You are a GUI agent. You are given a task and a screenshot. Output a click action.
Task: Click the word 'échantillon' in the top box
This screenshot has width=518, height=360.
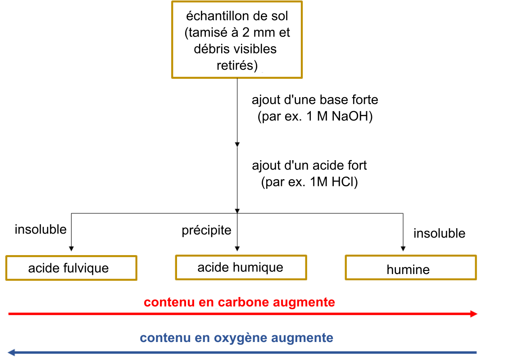(x=220, y=16)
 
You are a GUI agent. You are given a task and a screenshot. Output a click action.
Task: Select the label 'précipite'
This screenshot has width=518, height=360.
(x=206, y=230)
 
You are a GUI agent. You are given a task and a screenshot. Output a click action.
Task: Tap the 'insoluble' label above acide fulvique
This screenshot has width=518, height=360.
(x=41, y=229)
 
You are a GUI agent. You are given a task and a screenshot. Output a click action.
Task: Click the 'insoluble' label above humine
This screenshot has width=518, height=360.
(x=439, y=233)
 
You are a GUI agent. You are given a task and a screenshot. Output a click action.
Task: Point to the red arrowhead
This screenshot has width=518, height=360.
(x=474, y=314)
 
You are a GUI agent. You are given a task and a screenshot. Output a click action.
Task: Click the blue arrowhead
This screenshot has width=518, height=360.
(x=12, y=352)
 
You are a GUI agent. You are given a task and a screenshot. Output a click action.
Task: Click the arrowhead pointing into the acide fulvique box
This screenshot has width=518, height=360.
(x=71, y=248)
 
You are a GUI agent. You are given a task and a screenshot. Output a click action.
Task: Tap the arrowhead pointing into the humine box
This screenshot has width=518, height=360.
(x=403, y=248)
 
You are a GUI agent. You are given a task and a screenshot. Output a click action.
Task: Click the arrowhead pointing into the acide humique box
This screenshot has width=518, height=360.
(x=237, y=248)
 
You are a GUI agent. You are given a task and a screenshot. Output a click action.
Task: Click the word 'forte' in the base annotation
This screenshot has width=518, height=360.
(x=365, y=99)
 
